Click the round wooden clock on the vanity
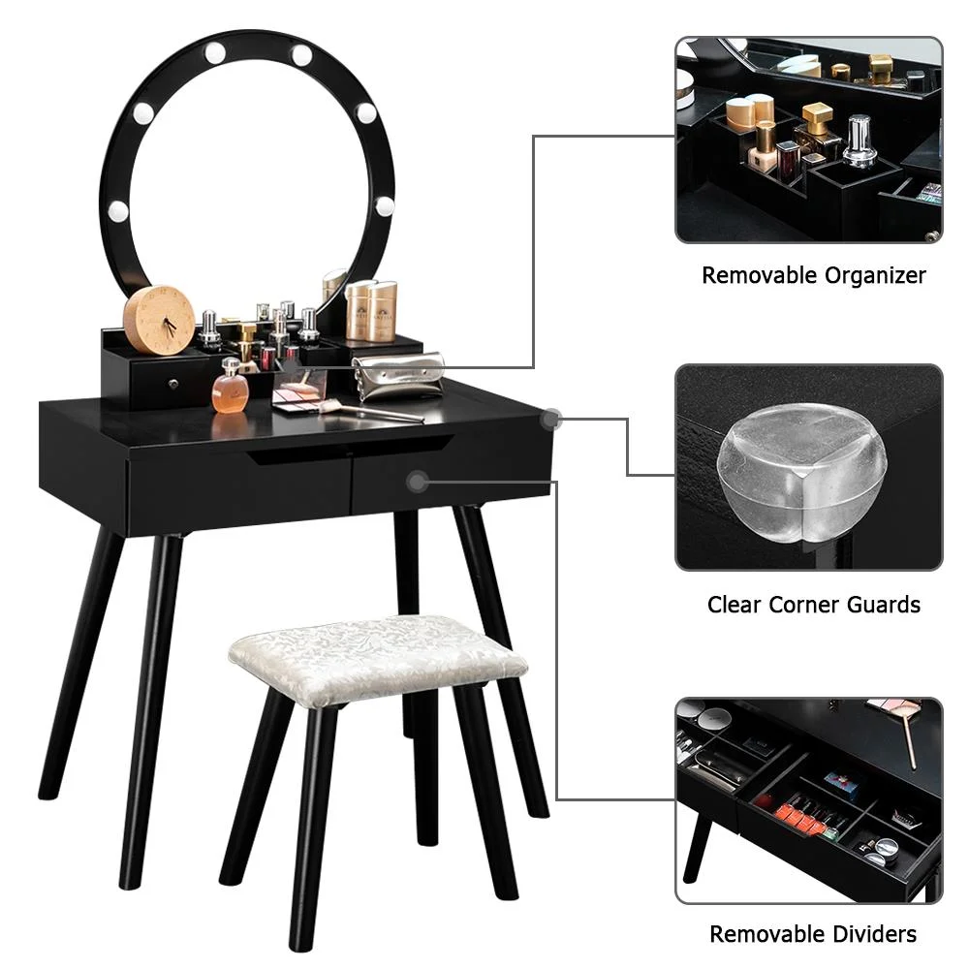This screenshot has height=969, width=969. point(159,320)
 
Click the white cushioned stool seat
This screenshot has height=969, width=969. point(378,659)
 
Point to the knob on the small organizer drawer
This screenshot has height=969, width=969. point(171,384)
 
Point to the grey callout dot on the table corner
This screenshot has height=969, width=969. point(551,420)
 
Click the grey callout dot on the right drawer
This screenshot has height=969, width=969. point(418,480)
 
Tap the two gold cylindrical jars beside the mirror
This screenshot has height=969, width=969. point(372,310)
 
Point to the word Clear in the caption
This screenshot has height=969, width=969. point(735,605)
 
